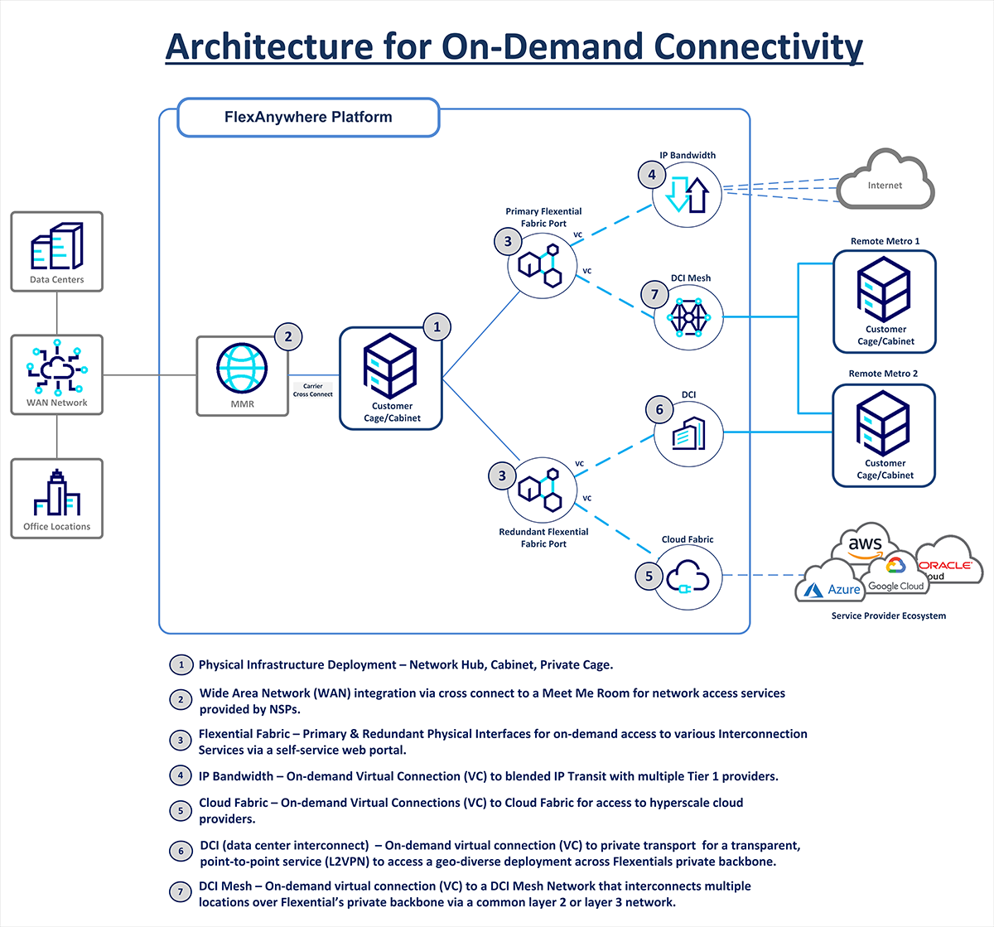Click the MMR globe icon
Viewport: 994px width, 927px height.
242,367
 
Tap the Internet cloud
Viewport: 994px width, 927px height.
885,183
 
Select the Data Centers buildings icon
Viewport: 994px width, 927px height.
57,246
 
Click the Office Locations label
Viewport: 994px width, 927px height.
57,527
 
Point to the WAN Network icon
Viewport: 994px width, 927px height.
57,367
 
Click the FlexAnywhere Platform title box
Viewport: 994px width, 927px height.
308,118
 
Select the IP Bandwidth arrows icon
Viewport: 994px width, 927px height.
688,194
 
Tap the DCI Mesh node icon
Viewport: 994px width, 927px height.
688,317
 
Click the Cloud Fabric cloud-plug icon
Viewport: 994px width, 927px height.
688,577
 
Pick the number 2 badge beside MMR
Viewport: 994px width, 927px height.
288,336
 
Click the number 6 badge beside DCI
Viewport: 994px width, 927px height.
659,409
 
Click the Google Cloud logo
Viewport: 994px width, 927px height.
895,576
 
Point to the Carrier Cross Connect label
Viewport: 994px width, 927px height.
313,390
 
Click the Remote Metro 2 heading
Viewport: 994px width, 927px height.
883,374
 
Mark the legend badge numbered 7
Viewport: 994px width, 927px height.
181,892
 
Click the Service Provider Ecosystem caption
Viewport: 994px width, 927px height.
888,616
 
